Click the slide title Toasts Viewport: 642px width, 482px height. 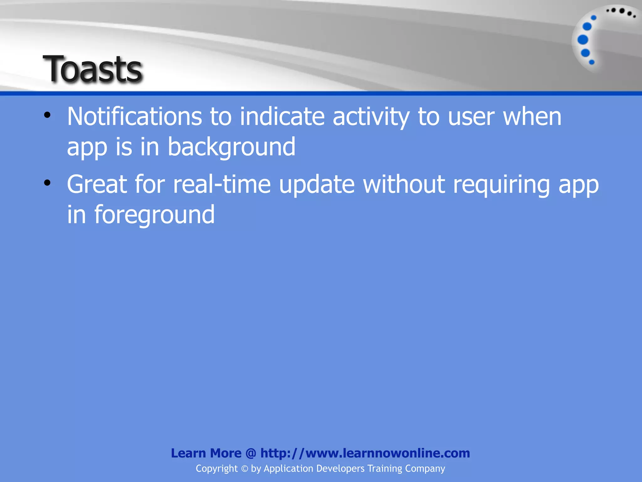pyautogui.click(x=93, y=69)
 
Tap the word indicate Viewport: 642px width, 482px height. pyautogui.click(x=282, y=117)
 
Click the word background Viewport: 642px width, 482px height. pyautogui.click(x=231, y=147)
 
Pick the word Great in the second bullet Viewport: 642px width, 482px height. pyautogui.click(x=97, y=185)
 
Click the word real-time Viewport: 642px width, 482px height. pyautogui.click(x=222, y=185)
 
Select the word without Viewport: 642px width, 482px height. pyautogui.click(x=404, y=185)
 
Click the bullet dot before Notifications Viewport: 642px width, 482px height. pyautogui.click(x=47, y=115)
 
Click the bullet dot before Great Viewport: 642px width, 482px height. pyautogui.click(x=47, y=183)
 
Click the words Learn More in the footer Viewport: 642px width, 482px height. pyautogui.click(x=206, y=453)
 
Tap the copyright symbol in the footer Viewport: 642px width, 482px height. pyautogui.click(x=244, y=469)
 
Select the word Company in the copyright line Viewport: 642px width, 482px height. pyautogui.click(x=425, y=469)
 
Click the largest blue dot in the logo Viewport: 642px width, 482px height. pyautogui.click(x=583, y=40)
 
